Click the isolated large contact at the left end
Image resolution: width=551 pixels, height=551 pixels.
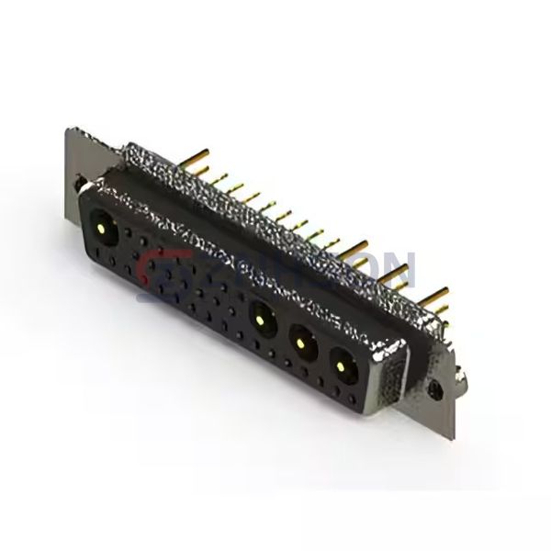pos(99,223)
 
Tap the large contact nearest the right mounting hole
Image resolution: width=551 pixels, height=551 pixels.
pos(343,367)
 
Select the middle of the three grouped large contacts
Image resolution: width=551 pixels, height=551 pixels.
pos(301,344)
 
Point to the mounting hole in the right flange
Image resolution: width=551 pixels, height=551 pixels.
pos(438,391)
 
